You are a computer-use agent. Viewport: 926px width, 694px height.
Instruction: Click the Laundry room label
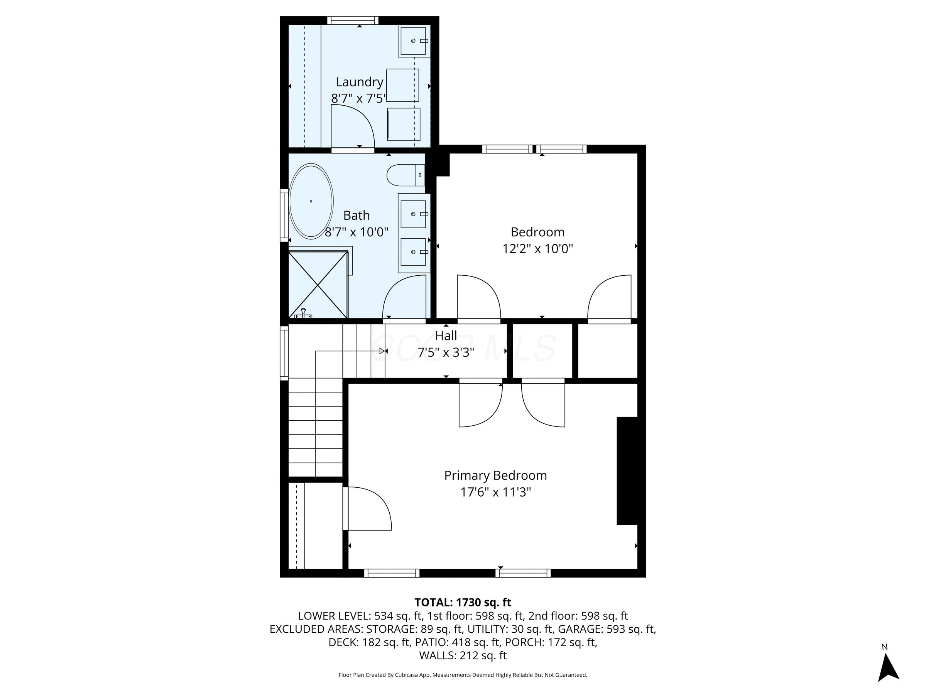coord(359,82)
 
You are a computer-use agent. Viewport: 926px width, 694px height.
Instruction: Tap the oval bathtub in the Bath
coord(311,201)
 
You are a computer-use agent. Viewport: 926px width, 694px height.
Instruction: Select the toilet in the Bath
coord(404,175)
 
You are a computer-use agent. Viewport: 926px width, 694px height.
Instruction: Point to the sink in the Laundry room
coord(413,41)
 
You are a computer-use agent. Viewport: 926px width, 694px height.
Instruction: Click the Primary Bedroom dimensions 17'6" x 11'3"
coord(495,492)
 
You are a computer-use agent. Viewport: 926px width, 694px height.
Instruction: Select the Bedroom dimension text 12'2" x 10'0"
coord(537,249)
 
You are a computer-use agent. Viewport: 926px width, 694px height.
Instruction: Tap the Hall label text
coord(446,336)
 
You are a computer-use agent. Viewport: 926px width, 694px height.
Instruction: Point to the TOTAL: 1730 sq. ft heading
coord(463,602)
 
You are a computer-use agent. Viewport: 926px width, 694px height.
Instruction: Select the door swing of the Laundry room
coord(351,125)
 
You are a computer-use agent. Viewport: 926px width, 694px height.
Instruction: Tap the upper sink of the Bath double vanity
coord(413,214)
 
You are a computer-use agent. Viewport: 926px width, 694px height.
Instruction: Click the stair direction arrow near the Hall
coord(381,351)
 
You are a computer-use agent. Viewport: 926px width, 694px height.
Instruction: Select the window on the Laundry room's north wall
coord(353,20)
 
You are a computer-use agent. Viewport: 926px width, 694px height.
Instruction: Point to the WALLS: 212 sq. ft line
coord(463,655)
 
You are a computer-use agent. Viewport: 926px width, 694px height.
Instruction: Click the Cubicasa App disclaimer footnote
coord(463,675)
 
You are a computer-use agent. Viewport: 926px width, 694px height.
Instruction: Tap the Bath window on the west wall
coord(284,216)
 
